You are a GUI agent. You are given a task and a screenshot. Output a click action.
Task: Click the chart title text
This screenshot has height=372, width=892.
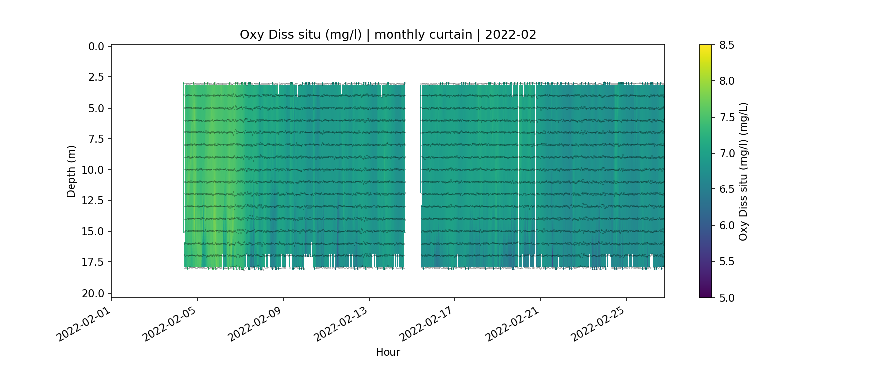[388, 35]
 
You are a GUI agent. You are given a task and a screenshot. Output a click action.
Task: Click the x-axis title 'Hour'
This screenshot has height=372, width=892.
[388, 352]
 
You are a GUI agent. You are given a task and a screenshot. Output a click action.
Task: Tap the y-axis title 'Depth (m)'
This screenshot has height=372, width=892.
[71, 171]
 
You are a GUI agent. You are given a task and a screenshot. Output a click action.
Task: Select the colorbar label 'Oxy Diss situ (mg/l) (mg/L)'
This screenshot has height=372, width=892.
[743, 171]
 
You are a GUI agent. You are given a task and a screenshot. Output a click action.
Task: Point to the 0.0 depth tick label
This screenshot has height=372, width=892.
[96, 47]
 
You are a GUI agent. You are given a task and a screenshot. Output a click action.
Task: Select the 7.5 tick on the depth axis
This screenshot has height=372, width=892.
[96, 139]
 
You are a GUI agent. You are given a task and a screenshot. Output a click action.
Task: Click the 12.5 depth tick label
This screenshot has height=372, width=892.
[93, 200]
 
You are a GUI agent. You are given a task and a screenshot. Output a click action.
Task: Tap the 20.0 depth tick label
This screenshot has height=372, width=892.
[93, 293]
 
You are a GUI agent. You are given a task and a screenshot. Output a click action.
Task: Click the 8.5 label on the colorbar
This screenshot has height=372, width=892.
[726, 45]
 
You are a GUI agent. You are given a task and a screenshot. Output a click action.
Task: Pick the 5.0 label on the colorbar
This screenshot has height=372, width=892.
[726, 298]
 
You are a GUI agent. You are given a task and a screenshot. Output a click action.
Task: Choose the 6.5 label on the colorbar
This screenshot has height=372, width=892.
[726, 189]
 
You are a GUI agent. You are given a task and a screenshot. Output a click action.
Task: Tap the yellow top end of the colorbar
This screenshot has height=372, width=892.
[705, 48]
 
